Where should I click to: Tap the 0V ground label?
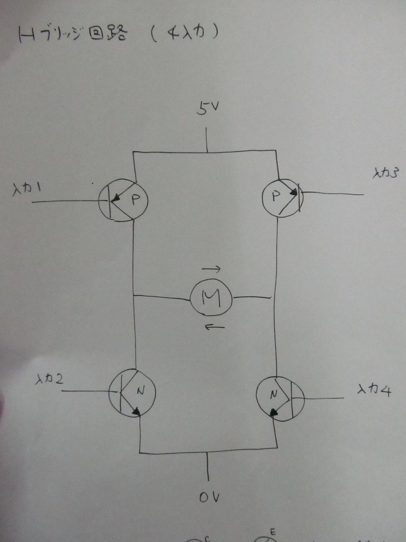[x=209, y=498]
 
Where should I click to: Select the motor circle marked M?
[x=211, y=297]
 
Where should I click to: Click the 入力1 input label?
[x=27, y=191]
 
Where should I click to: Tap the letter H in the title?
[x=27, y=35]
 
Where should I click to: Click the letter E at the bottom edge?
[x=273, y=532]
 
